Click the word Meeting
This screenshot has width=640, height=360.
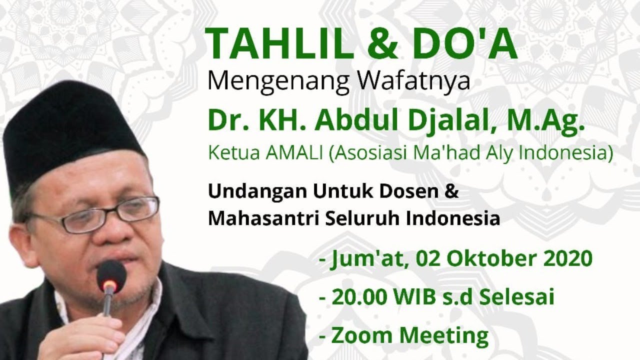coord(443,336)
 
